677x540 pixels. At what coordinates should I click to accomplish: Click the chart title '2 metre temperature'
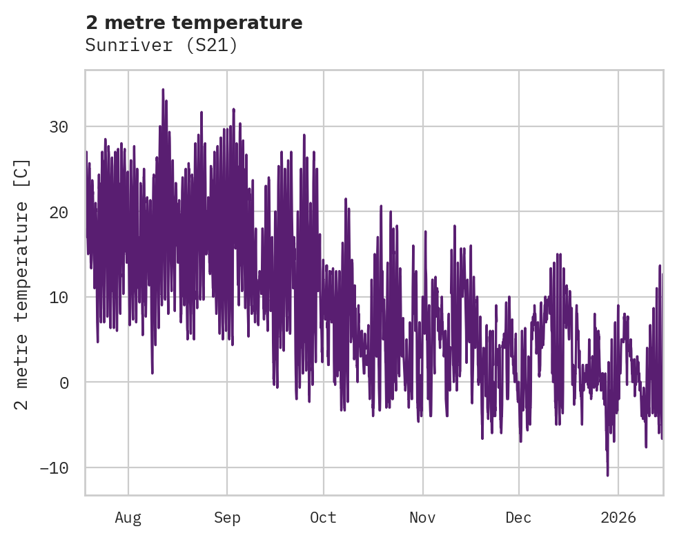tap(194, 23)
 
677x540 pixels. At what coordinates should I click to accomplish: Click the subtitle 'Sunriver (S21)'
tap(161, 46)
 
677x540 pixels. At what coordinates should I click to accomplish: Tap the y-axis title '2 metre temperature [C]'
tap(23, 285)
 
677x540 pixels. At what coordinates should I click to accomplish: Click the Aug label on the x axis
tap(128, 517)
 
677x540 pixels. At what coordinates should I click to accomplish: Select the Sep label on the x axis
tap(226, 517)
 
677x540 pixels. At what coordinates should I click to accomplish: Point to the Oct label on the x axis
tap(323, 517)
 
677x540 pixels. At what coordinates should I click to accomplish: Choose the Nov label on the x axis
tap(422, 517)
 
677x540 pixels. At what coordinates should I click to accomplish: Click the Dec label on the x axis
tap(518, 517)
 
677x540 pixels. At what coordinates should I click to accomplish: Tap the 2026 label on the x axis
tap(618, 517)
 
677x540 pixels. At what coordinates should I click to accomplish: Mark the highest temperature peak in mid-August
tap(163, 90)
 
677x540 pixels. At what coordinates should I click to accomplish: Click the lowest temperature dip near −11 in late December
tap(607, 474)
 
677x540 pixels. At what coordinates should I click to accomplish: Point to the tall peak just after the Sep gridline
tap(233, 109)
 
